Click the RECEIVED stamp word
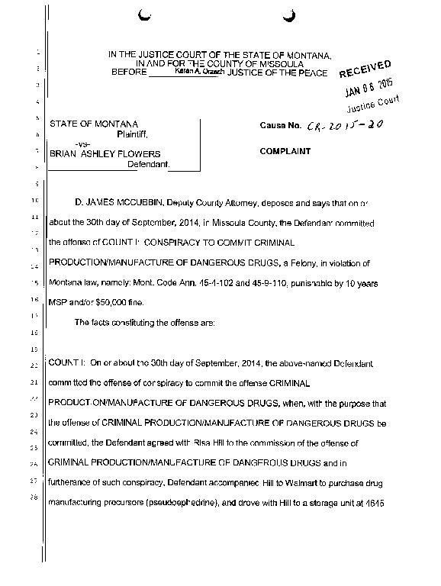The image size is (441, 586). click(365, 69)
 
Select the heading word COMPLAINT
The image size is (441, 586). click(285, 152)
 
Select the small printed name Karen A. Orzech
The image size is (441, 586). click(196, 71)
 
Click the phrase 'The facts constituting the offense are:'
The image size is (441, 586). click(145, 322)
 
